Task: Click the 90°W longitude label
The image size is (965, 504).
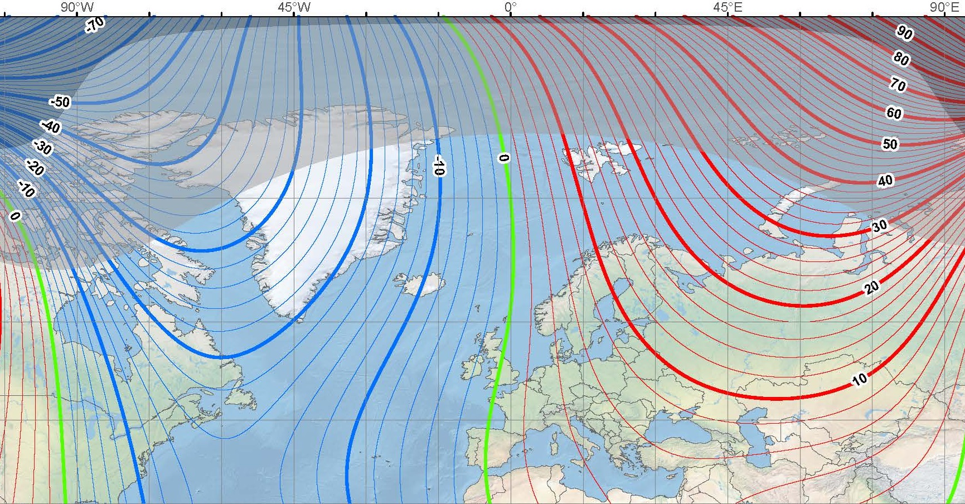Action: (77, 7)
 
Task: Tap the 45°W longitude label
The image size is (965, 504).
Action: (294, 7)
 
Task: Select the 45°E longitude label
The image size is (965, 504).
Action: (728, 7)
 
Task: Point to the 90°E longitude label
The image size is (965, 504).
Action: (944, 7)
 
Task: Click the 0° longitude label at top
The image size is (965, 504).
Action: (510, 7)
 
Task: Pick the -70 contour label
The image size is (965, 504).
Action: (95, 25)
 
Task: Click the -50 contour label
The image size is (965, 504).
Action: (60, 102)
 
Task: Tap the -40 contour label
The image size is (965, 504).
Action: (51, 127)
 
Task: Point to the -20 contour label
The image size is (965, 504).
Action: (35, 167)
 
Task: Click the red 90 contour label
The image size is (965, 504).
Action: (904, 33)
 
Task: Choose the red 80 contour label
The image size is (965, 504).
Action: (901, 59)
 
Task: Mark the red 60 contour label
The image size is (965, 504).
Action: (894, 113)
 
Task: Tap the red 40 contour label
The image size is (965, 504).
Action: (885, 180)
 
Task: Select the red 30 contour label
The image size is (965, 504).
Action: (880, 226)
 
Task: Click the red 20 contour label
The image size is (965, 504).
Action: (871, 287)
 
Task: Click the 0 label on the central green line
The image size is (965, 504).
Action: (504, 158)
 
